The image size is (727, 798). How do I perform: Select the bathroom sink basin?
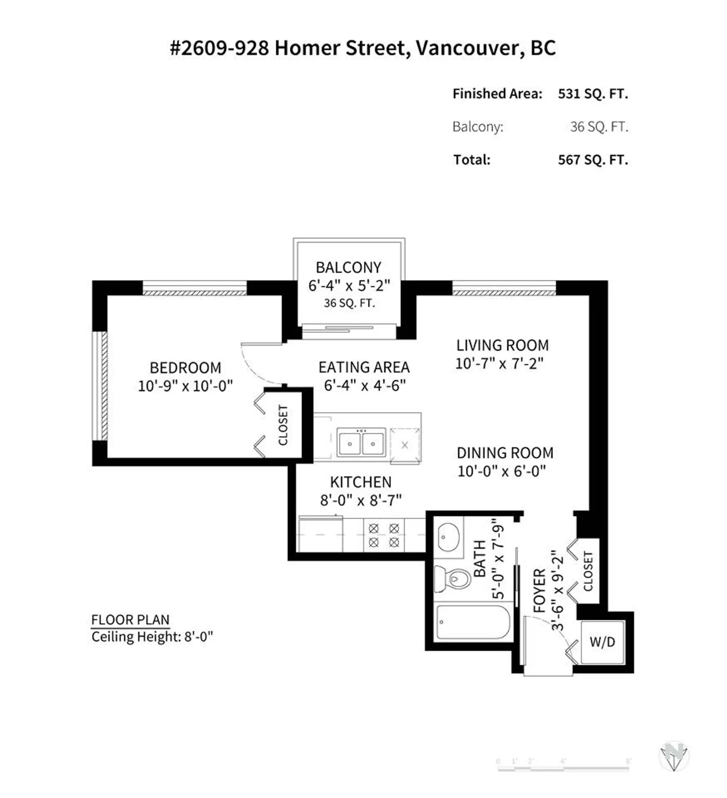(448, 537)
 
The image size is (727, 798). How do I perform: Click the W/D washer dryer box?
(602, 642)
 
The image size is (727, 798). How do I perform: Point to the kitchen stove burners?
(384, 535)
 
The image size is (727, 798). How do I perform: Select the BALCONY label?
(348, 268)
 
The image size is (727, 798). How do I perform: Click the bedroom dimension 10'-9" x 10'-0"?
(185, 386)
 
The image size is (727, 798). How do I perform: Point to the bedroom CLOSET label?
(283, 425)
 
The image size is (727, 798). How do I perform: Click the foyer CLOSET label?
(588, 571)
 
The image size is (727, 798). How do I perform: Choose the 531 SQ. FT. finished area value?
(593, 94)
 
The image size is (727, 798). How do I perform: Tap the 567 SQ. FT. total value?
(593, 160)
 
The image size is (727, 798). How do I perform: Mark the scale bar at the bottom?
(563, 768)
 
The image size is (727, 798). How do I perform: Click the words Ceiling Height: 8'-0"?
(152, 637)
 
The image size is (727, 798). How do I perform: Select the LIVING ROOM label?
(502, 345)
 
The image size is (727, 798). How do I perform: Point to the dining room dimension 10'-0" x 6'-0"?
(501, 471)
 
